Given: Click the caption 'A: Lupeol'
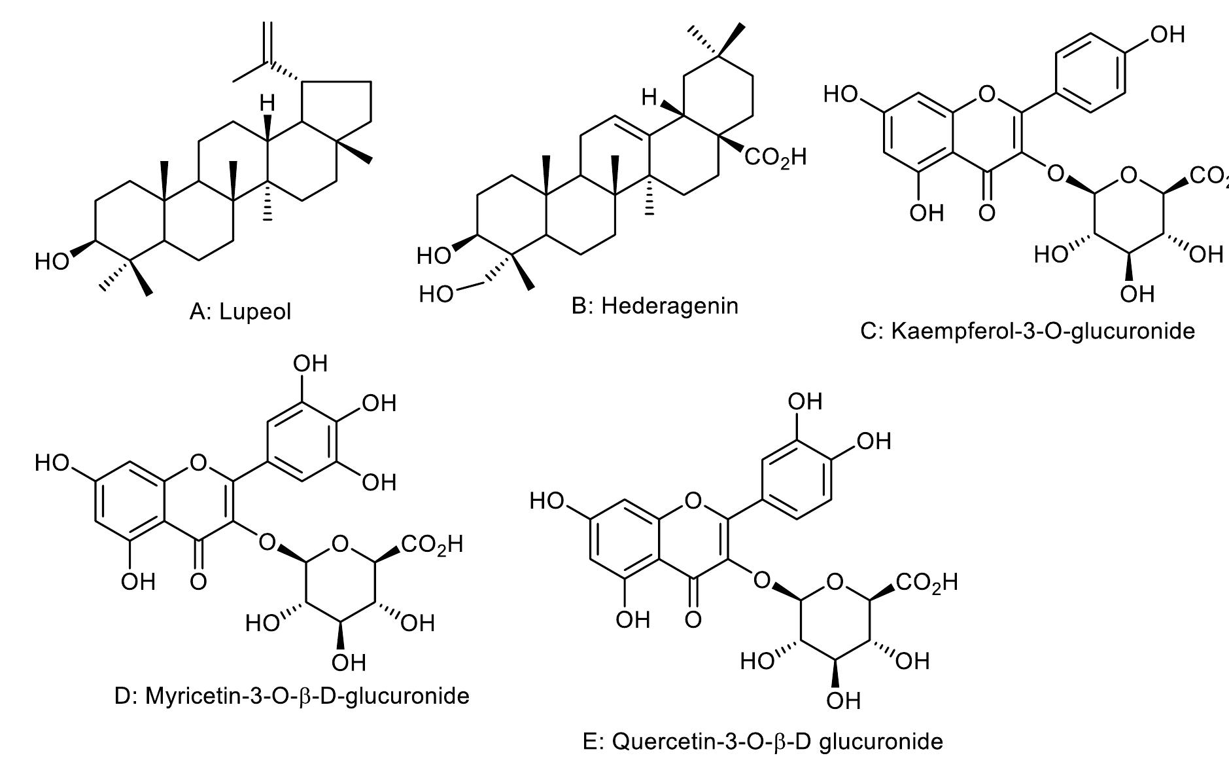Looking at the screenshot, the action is [x=241, y=312].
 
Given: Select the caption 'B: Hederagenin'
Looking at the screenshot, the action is [x=655, y=306].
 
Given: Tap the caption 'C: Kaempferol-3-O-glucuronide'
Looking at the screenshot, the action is [x=1028, y=331].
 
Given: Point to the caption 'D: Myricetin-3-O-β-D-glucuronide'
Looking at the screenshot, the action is [x=292, y=695].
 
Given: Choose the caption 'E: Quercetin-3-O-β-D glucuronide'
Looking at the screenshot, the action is [x=763, y=742].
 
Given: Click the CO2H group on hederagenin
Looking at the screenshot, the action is [x=775, y=158].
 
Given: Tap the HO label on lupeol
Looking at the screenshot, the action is [x=52, y=262].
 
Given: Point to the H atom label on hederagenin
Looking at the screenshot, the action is [x=649, y=98].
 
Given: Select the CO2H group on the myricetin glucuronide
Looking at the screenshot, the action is [x=432, y=545].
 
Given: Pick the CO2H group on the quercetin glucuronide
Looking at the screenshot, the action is [x=927, y=582].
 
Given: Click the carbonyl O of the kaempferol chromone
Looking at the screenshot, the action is [x=987, y=213].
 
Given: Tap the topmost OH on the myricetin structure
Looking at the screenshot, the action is [x=310, y=364].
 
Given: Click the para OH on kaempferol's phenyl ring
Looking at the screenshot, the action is [x=1168, y=34].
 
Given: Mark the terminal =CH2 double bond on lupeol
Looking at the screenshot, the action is [x=267, y=42].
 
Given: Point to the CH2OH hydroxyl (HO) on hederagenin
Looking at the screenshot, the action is [x=436, y=295].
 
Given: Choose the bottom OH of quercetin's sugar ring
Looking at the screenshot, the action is [x=843, y=701].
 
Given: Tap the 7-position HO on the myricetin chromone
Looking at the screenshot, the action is [x=52, y=463].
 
